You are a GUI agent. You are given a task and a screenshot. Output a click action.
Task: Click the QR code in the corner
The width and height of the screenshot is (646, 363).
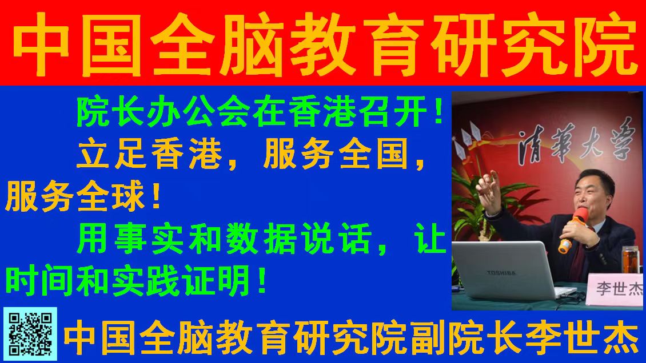[30, 334]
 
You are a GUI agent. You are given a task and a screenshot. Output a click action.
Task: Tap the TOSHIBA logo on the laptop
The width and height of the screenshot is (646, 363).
[501, 273]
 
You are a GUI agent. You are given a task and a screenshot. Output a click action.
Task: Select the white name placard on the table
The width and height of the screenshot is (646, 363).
[615, 290]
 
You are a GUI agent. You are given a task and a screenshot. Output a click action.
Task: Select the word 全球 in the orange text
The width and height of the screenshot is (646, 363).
[111, 197]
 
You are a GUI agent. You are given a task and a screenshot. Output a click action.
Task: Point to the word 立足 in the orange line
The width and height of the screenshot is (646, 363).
[111, 155]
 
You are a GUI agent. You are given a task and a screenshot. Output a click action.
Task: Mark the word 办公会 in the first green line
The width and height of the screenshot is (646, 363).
[165, 112]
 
